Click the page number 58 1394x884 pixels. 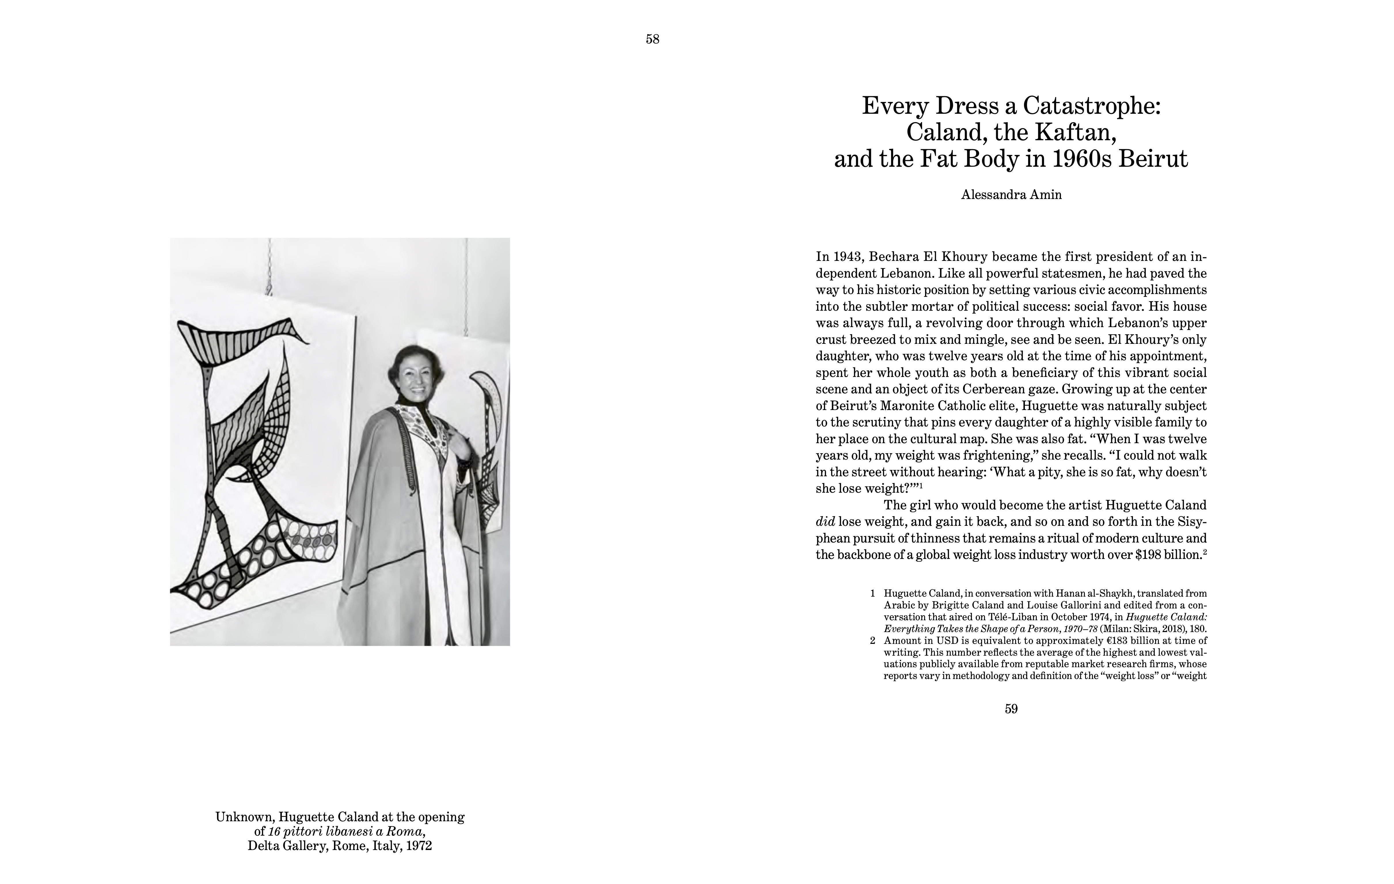pos(652,39)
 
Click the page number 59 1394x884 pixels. pos(1011,709)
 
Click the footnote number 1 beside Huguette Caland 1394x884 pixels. pos(872,593)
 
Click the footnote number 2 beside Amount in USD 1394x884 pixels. pos(872,641)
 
